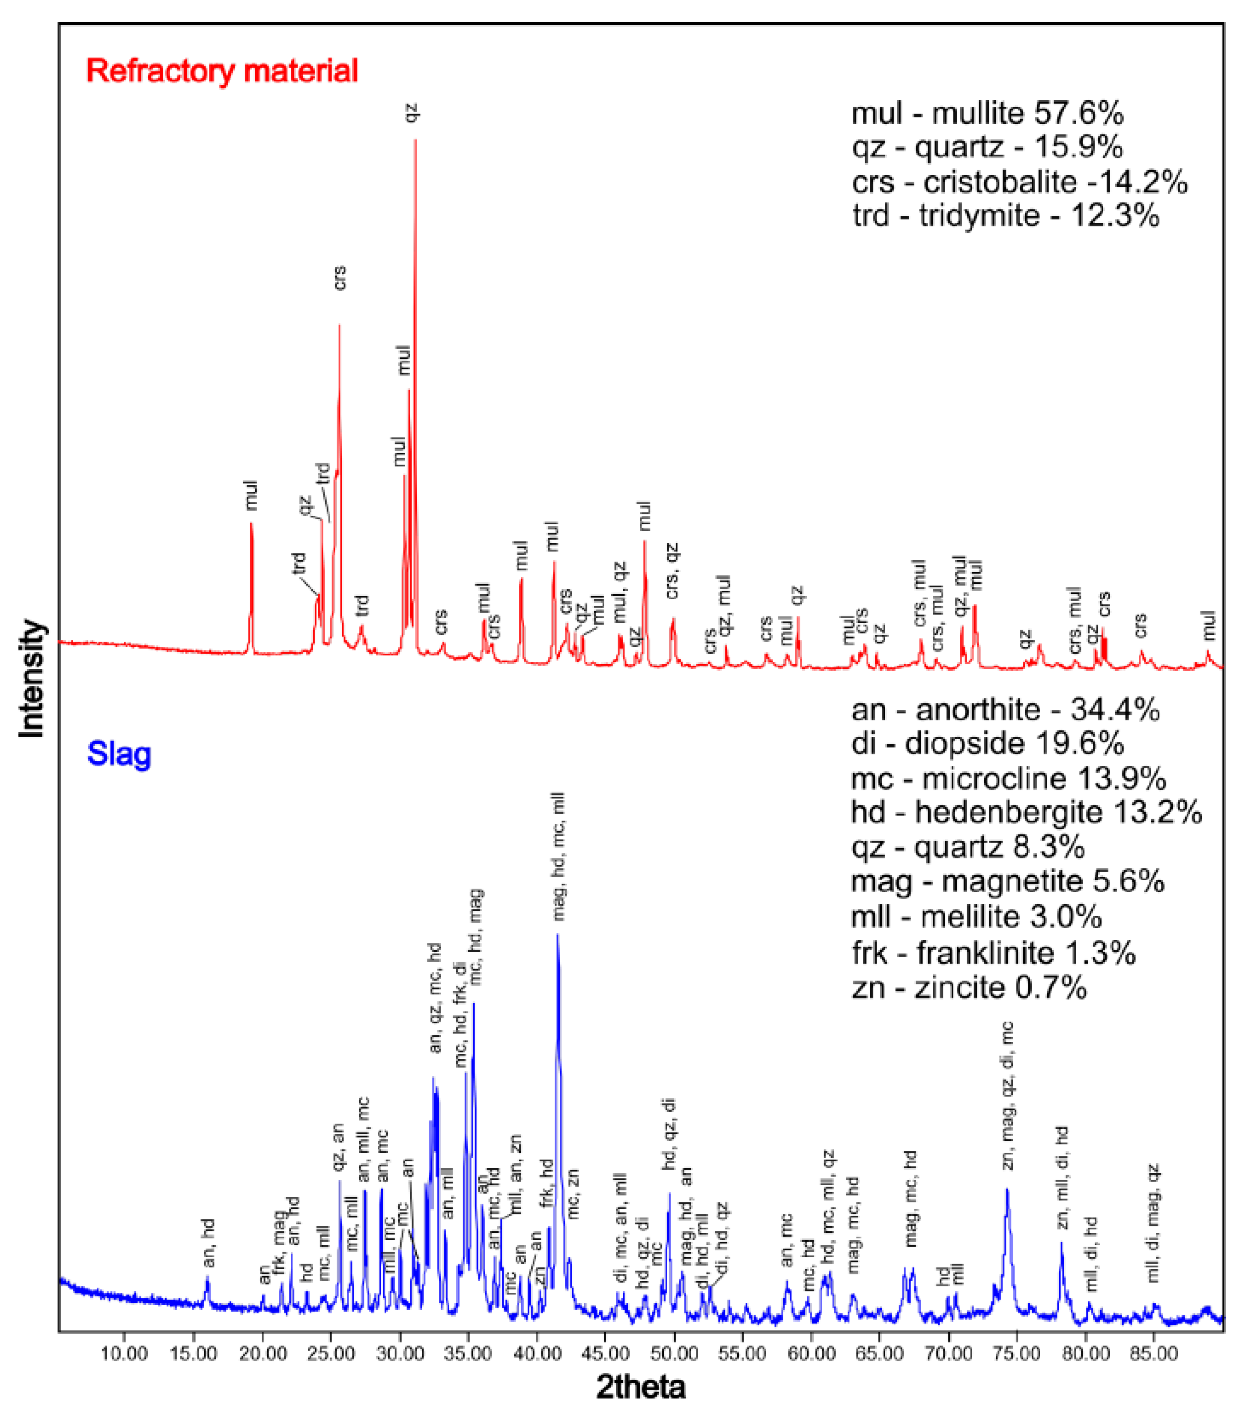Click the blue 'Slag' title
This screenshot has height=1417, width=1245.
[119, 753]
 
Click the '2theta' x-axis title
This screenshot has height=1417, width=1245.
[641, 1387]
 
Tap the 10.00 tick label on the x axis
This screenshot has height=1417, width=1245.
[124, 1354]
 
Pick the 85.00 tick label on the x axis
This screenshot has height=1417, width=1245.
[1154, 1354]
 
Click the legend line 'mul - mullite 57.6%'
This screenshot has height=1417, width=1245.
[987, 113]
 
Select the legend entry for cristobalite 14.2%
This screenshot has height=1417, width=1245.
[1019, 182]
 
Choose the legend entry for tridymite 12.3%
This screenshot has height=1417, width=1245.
[1005, 216]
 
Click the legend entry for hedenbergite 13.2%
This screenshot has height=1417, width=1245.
[1026, 813]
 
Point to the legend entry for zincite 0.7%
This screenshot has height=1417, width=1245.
[968, 987]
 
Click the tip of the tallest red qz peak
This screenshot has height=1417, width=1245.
[415, 141]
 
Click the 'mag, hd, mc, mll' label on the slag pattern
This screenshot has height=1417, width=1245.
[559, 857]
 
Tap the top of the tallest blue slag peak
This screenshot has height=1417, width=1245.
[557, 935]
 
